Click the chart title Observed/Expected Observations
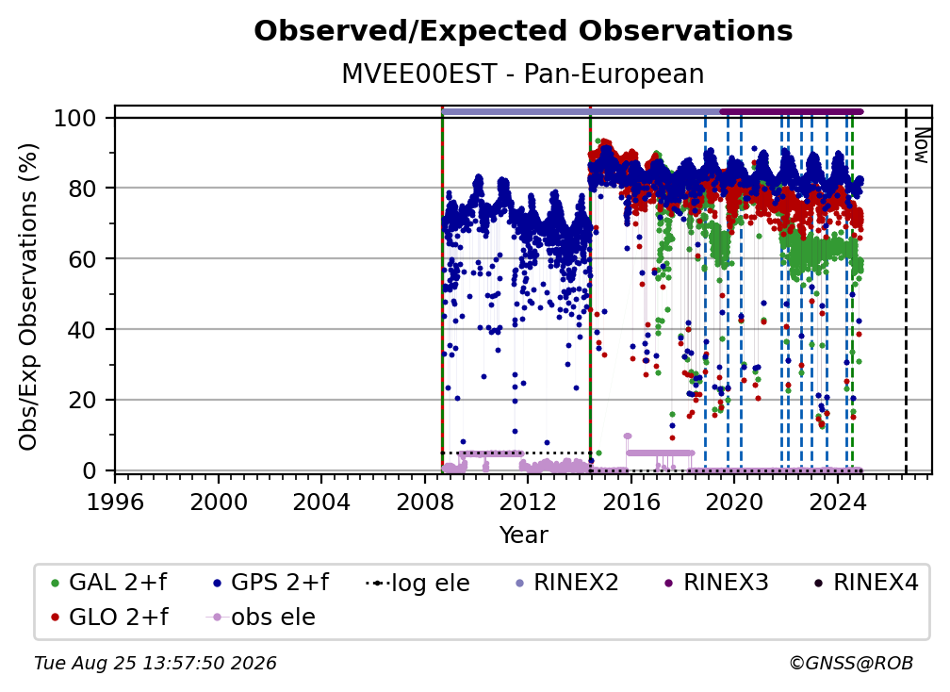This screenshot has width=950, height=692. coord(523,31)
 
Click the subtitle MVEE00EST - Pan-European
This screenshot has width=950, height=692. coord(523,74)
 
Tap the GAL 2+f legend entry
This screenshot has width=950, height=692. coord(109,583)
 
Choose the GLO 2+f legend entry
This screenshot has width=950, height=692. coord(109,618)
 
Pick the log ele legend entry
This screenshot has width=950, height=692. coord(418,583)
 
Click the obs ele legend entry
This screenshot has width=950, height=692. coord(261,618)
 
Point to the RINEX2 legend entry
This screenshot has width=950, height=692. coord(566,583)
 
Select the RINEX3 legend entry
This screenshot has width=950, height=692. coord(716,583)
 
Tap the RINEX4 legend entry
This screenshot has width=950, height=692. coord(866,583)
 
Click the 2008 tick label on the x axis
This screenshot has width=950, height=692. coord(425,503)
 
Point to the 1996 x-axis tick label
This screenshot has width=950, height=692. coord(115,503)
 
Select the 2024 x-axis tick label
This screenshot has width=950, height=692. coord(837,503)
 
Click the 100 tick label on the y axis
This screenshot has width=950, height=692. coord(75,118)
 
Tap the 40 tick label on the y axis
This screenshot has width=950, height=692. coord(82,330)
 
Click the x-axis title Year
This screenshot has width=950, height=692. coord(523,535)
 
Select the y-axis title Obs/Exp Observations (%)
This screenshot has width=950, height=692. coord(28,297)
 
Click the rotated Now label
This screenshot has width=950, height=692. coord(921,145)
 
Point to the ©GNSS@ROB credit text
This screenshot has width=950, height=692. coord(851,664)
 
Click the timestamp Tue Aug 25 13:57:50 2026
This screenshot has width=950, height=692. coord(156,664)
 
